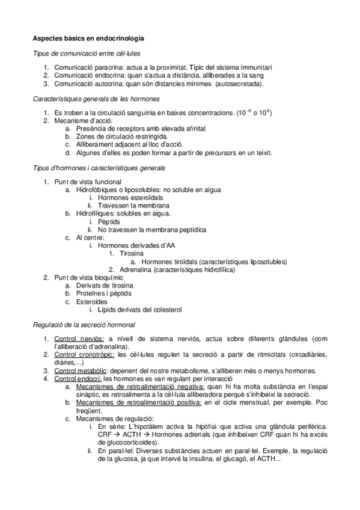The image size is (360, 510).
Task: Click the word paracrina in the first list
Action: [111, 67]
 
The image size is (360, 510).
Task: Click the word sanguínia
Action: [153, 112]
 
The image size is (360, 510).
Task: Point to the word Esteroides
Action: [92, 301]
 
